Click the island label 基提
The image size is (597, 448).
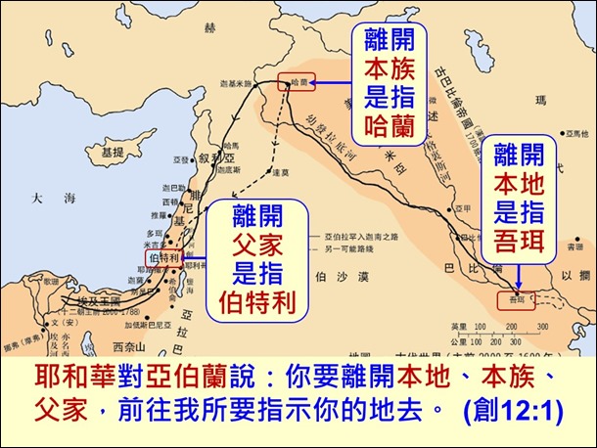(113, 154)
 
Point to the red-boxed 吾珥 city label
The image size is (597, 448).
(516, 300)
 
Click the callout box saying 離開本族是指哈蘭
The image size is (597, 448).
(390, 81)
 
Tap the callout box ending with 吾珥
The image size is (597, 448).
(520, 201)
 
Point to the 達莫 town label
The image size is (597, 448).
(281, 171)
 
